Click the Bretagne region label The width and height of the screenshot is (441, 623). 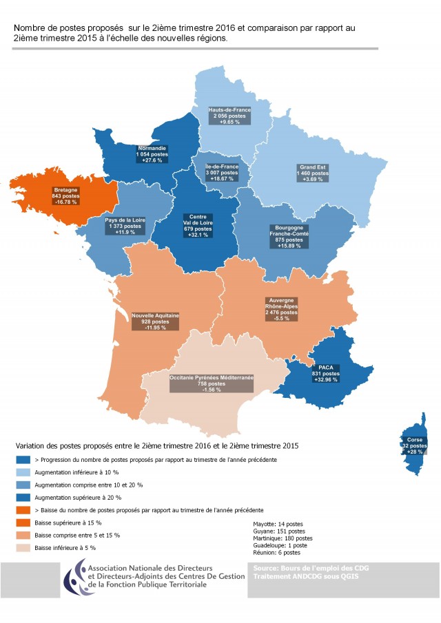pos(65,196)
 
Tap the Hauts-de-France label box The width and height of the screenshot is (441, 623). pos(230,115)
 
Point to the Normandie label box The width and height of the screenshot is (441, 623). pos(152,155)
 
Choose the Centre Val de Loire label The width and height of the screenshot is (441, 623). pos(197,225)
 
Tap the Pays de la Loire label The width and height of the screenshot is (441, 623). pos(125,226)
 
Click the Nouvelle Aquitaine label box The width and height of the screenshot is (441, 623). pos(156,321)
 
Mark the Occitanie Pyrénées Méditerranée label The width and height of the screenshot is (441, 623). pos(212,383)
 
